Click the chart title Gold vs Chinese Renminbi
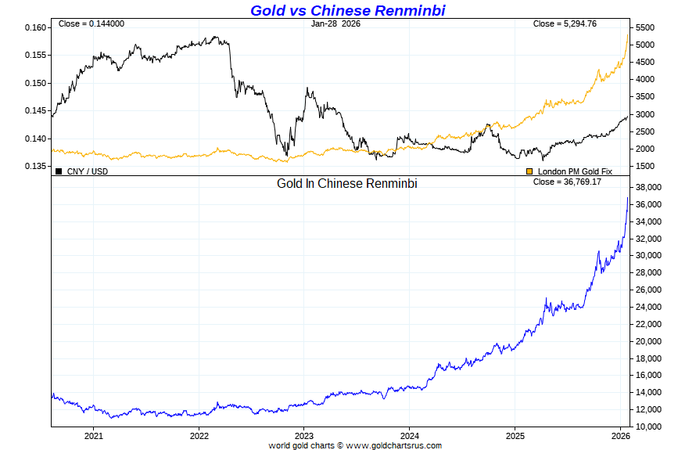pos(347,10)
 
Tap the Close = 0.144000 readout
pos(91,24)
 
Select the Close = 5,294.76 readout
pos(565,24)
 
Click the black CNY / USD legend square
pos(59,171)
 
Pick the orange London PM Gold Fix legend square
pos(529,171)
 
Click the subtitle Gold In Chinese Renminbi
pos(347,184)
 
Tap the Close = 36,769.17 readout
pos(567,182)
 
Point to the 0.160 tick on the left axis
pos(37,27)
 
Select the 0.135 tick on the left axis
pos(37,166)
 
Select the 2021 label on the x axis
pos(94,436)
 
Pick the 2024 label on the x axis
pos(410,436)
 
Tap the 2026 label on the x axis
pos(620,436)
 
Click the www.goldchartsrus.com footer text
pos(393,445)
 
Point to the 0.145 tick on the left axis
pos(37,110)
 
